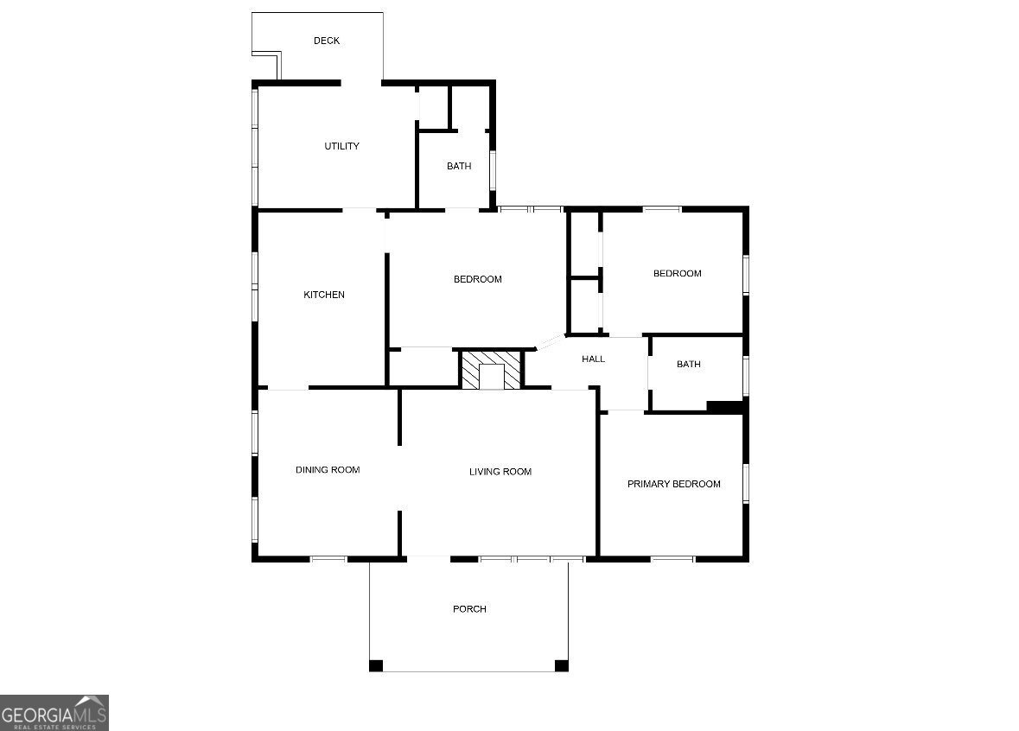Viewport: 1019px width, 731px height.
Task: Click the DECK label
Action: click(x=327, y=41)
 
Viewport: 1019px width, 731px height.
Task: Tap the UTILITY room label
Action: click(x=341, y=146)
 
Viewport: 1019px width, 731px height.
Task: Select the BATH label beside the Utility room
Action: click(x=459, y=166)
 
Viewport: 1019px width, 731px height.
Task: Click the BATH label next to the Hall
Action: click(x=688, y=364)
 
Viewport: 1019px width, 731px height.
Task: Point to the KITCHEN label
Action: click(x=324, y=295)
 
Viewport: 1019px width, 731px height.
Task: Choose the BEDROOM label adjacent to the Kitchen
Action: click(x=477, y=279)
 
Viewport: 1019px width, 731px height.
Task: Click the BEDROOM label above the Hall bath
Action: click(x=677, y=273)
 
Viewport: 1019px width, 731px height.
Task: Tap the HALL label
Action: click(x=593, y=359)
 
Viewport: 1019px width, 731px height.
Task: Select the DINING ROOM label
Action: click(x=328, y=470)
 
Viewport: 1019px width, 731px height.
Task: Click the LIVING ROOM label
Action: click(x=500, y=471)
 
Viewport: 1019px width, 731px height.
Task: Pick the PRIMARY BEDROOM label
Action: click(x=673, y=484)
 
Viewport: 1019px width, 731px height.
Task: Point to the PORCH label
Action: click(x=469, y=609)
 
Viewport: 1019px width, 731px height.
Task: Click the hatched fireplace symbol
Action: click(x=491, y=370)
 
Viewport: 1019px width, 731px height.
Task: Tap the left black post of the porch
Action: click(x=376, y=665)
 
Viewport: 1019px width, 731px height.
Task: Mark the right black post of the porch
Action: click(x=561, y=665)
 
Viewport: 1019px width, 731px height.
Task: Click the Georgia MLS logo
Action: click(x=54, y=713)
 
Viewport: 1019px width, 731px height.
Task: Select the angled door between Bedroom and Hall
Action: click(x=549, y=341)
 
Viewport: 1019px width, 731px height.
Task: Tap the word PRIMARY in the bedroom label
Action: click(x=649, y=484)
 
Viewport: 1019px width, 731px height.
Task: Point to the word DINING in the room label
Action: click(x=312, y=470)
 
